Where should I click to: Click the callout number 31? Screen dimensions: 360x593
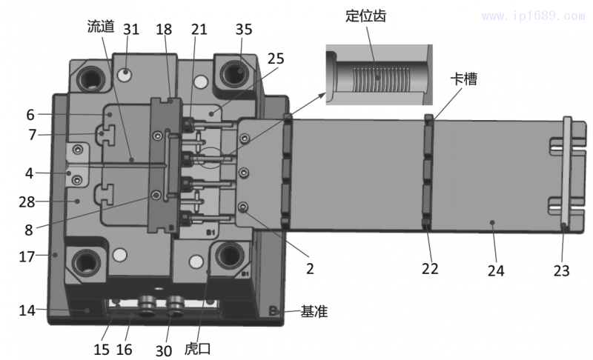coord(131,29)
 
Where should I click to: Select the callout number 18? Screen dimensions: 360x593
coord(165,29)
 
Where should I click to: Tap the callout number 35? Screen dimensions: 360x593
coord(244,29)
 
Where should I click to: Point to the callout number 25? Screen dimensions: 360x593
coord(276,57)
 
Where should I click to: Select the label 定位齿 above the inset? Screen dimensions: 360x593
coord(368,15)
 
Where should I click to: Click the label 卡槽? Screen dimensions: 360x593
coord(466,79)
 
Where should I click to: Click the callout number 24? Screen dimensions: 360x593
coord(496,271)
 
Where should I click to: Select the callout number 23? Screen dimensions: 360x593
coord(562,271)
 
